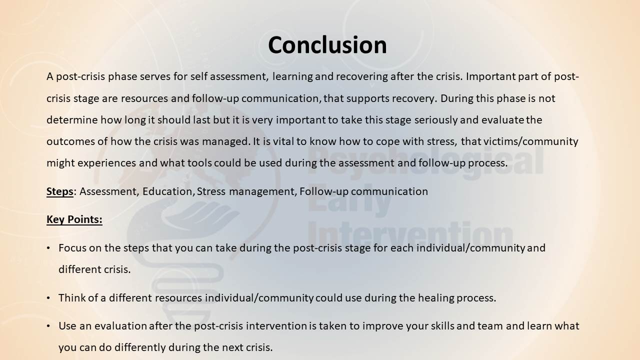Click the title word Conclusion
(327, 45)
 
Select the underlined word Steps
(59, 191)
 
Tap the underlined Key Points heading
(74, 219)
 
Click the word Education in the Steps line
(167, 191)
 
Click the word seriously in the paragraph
(436, 120)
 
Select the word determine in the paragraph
(72, 120)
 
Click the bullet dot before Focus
(48, 248)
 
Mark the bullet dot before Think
(48, 298)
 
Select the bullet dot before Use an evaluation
(48, 326)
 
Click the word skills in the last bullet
(442, 326)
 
